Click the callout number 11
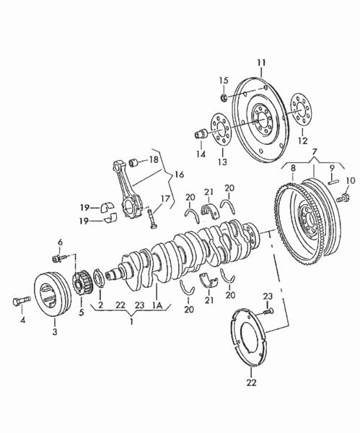tap(261, 63)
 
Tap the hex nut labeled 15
tap(224, 97)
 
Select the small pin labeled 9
tap(333, 182)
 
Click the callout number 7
tap(315, 152)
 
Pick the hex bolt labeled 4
tap(22, 301)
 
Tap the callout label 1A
tap(157, 305)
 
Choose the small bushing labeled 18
tap(134, 162)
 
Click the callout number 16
tap(179, 175)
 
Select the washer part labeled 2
tap(99, 278)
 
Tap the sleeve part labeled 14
tap(201, 134)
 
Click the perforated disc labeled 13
tap(221, 129)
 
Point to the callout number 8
tap(293, 167)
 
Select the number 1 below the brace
tap(131, 321)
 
